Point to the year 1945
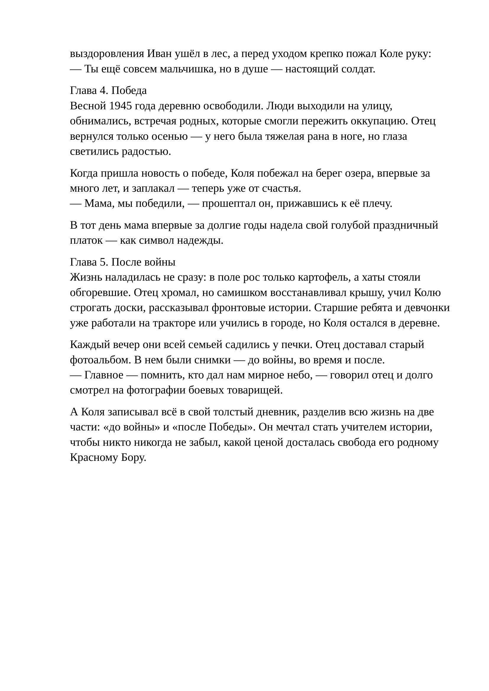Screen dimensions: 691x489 point(120,106)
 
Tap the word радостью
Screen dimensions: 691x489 point(146,151)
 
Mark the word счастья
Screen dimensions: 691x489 point(281,188)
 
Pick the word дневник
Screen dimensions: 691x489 point(278,412)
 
